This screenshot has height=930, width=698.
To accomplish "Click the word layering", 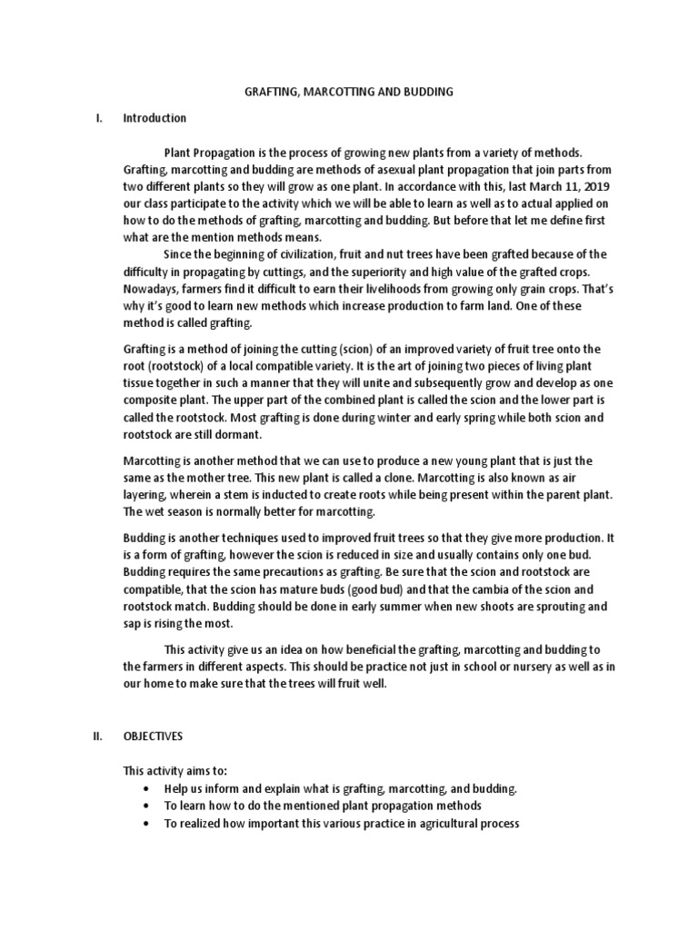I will coord(145,495).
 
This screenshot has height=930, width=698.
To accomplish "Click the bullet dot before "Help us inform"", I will coord(145,789).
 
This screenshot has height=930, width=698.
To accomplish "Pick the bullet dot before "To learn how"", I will coord(145,806).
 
